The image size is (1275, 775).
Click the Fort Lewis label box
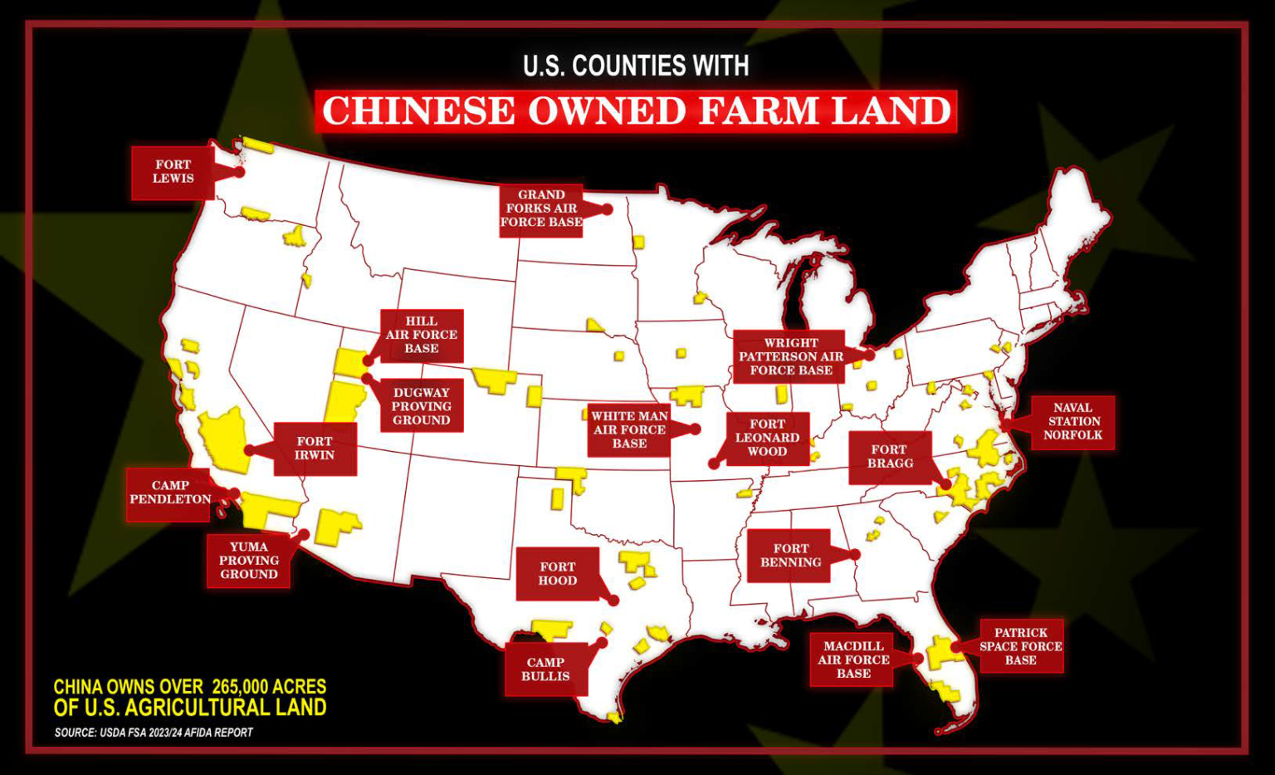click(173, 172)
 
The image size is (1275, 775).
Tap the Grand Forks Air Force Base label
click(540, 209)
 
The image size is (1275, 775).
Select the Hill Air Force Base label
click(422, 335)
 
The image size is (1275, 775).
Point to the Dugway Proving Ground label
click(422, 406)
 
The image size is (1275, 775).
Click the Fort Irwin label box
click(315, 449)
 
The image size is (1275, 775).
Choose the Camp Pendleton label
click(169, 493)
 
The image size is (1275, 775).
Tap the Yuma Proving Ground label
click(249, 561)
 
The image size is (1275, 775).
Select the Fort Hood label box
click(557, 574)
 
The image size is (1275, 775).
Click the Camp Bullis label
click(545, 670)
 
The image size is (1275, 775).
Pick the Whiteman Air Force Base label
click(629, 430)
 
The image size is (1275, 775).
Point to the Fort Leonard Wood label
click(767, 438)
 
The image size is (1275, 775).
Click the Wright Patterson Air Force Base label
click(790, 356)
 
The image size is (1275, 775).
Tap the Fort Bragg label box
click(890, 457)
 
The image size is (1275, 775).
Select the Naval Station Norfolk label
click(1072, 421)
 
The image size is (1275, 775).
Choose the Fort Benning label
click(790, 556)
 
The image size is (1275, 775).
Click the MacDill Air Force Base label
click(853, 660)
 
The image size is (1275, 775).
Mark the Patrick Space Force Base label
click(1021, 646)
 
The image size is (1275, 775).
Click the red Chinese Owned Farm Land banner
click(637, 111)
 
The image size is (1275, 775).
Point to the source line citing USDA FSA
click(154, 733)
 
